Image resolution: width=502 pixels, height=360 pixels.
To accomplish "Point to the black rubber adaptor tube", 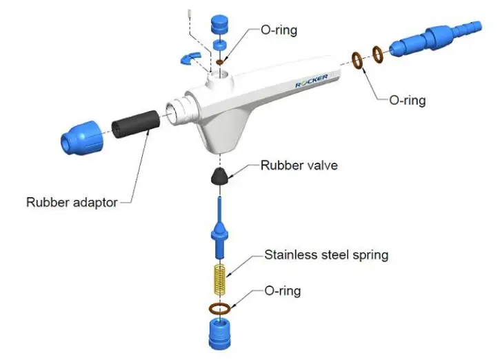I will tap(136, 124).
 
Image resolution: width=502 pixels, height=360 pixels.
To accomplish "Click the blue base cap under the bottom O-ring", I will tap(220, 332).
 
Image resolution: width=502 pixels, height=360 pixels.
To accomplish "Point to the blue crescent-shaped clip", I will tap(189, 59).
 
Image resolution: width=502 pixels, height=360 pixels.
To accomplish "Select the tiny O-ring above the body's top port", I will tap(220, 62).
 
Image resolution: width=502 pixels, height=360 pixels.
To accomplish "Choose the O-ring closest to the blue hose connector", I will tap(378, 53).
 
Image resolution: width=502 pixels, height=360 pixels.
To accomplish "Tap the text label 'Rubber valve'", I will tap(299, 166).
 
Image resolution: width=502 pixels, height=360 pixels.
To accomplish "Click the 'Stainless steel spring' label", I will tap(326, 255).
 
